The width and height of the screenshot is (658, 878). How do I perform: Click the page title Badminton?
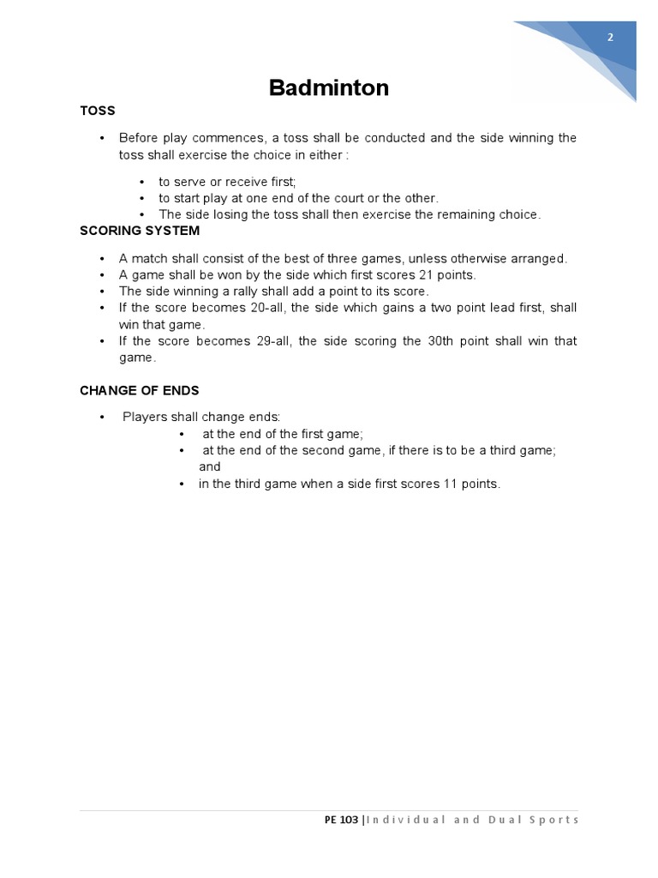(x=328, y=87)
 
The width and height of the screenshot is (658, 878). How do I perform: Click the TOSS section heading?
(x=97, y=111)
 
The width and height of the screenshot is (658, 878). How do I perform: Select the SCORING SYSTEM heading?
(x=140, y=231)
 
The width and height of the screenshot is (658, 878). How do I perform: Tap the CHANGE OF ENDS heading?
(x=139, y=390)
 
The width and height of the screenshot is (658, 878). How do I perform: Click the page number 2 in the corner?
(x=610, y=37)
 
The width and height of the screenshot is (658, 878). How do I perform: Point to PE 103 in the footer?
(x=342, y=820)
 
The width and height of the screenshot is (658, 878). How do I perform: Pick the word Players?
(x=144, y=418)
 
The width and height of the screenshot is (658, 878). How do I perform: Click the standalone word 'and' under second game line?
(x=209, y=467)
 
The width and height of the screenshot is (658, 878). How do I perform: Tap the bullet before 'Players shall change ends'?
(x=101, y=418)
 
